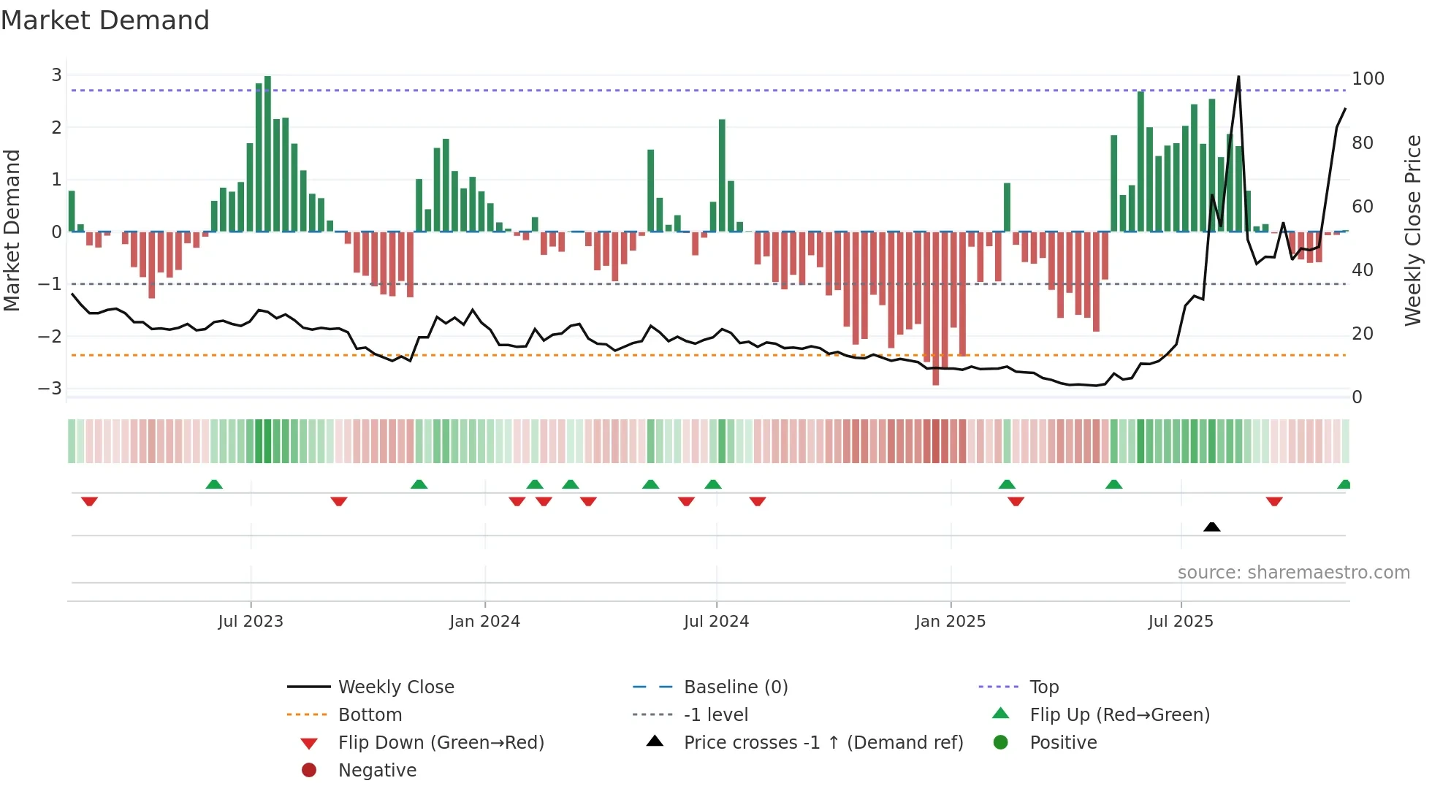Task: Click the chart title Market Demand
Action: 105,20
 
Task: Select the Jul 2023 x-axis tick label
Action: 251,622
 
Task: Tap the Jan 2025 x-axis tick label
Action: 950,622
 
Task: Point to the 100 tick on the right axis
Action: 1368,79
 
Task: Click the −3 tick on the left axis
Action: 50,389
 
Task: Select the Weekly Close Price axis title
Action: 1413,230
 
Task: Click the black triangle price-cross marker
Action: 1211,527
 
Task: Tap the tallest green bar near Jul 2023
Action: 267,153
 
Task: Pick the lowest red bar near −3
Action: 936,307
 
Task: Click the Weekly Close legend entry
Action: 395,687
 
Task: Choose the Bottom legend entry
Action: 370,715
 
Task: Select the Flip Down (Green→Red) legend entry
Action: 441,743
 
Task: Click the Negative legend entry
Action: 377,771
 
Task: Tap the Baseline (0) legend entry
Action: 735,687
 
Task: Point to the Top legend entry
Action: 1043,687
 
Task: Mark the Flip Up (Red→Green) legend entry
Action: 1119,715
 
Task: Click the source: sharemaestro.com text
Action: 1293,573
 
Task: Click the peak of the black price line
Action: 1238,77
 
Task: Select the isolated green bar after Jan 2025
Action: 1007,207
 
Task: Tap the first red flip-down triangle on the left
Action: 89,501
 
